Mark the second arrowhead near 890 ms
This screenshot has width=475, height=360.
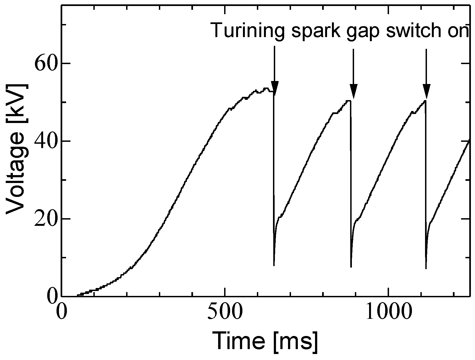(354, 91)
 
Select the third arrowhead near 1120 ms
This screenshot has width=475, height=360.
(426, 91)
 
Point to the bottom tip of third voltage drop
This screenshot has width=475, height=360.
(426, 268)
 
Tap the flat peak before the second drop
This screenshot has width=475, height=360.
(348, 101)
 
